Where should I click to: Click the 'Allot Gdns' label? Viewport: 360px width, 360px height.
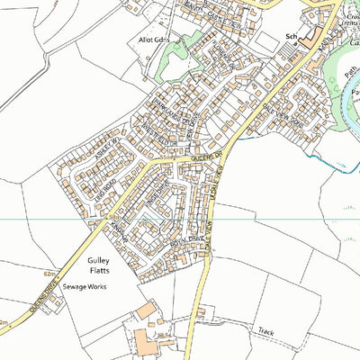tap(147, 42)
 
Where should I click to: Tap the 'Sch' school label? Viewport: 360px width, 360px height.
tap(291, 36)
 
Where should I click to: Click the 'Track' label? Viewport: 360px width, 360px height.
tap(264, 331)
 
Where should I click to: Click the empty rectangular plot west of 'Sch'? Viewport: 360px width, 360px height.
tap(266, 42)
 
